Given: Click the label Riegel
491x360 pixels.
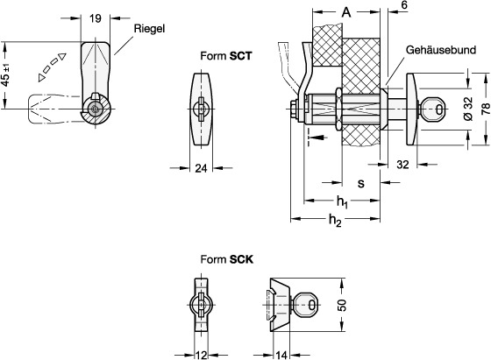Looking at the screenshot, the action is tap(149, 29).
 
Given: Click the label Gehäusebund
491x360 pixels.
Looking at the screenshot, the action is tap(440, 50).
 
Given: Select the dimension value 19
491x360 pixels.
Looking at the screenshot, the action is tap(96, 18).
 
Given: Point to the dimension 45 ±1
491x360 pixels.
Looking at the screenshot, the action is tap(6, 75).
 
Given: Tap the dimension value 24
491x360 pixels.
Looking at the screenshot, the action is tap(201, 168).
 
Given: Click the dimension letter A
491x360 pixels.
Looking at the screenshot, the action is tap(345, 12).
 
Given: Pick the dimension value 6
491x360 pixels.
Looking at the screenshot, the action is tap(404, 5).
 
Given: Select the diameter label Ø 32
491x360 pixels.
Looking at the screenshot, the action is tap(468, 109).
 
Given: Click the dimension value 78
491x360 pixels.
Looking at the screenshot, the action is tap(486, 109).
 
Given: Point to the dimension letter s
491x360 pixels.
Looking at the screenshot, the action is tap(361, 183).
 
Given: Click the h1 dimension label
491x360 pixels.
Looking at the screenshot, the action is tap(342, 201).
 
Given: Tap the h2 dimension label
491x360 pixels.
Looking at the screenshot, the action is tap(335, 221).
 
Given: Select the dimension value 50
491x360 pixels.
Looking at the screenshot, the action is tap(343, 305).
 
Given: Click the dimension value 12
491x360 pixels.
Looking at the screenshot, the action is tap(201, 356).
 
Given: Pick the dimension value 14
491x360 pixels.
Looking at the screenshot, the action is tap(281, 356).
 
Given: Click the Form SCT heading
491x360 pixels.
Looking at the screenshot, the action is tap(226, 56).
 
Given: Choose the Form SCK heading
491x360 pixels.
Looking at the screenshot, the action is tap(227, 259).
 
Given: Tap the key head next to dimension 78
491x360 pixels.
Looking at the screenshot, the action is tap(434, 109).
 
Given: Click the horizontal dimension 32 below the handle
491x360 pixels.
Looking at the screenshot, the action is tap(402, 165).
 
